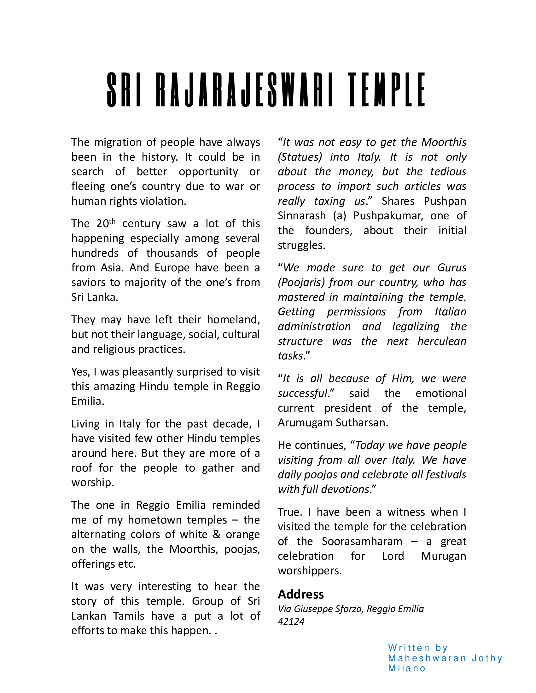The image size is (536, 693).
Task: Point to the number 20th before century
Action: (105, 223)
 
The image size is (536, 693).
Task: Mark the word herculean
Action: (442, 341)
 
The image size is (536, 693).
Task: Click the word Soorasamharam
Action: (362, 541)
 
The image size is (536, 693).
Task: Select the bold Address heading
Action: (301, 594)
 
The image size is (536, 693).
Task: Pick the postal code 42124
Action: (291, 621)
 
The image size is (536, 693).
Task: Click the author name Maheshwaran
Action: (427, 658)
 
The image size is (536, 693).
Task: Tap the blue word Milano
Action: (407, 668)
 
